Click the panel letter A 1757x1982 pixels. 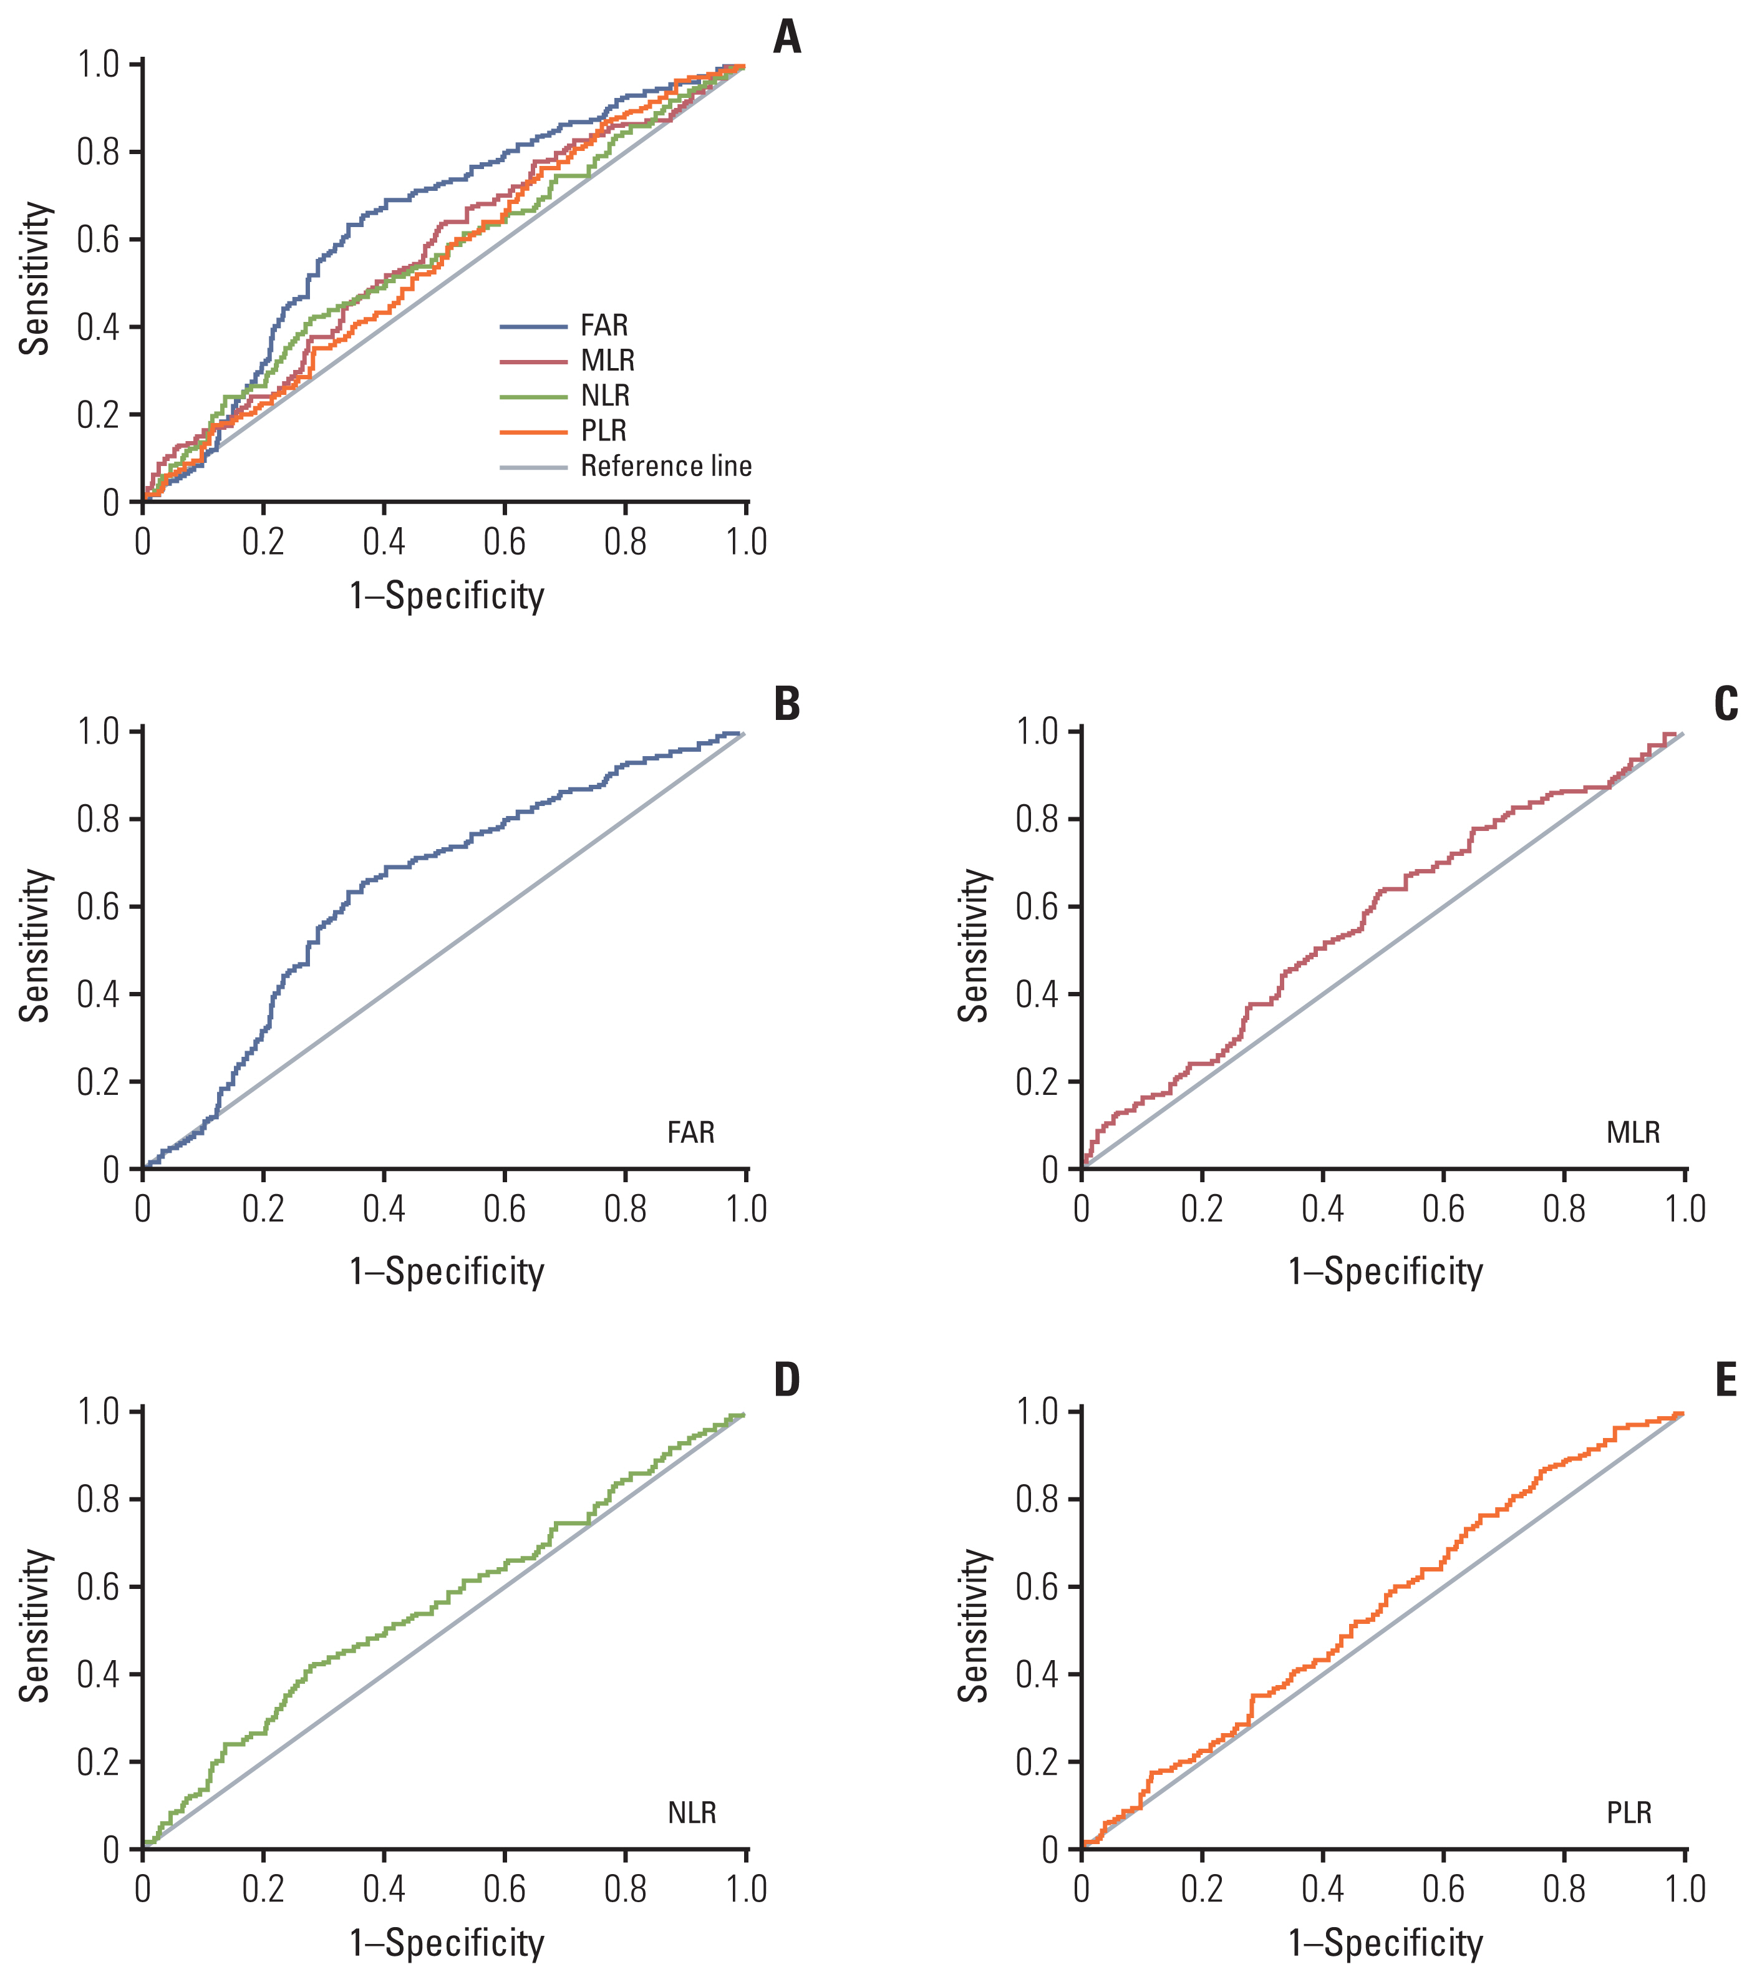(787, 39)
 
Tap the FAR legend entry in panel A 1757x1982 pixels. (604, 326)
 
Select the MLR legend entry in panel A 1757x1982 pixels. (607, 361)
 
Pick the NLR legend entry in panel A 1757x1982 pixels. (605, 396)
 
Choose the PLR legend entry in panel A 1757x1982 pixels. (603, 430)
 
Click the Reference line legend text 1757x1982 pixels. (666, 467)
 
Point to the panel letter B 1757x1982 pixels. (787, 705)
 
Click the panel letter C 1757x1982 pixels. (1725, 705)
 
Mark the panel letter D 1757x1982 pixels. (787, 1380)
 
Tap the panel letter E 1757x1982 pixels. (1725, 1380)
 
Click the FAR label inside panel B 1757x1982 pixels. (690, 1132)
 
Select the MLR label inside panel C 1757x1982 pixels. (1633, 1132)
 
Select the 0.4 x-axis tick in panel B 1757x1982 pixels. (384, 1210)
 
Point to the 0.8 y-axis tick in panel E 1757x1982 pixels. (1037, 1500)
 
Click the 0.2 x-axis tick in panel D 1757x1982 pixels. (263, 1890)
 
